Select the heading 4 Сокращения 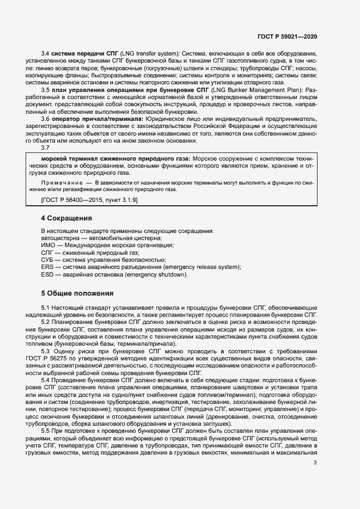[66, 218]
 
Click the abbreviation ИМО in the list [48, 245]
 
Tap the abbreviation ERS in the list [47, 267]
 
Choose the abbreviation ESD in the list [47, 274]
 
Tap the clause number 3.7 [46, 148]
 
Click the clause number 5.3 [46, 352]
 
